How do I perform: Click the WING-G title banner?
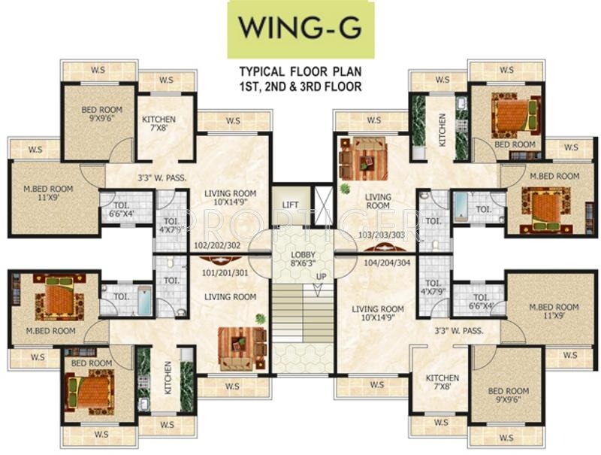pos(301,30)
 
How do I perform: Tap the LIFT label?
pos(290,205)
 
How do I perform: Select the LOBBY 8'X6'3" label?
pos(303,259)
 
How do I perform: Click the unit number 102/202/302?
pos(217,245)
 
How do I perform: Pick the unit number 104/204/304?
pos(387,262)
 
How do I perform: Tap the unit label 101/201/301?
pos(225,273)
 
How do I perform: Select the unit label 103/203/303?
pos(382,235)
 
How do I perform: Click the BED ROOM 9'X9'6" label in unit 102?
pos(101,114)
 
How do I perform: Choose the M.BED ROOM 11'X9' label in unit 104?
pos(554,311)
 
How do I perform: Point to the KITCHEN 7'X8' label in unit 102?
pos(159,123)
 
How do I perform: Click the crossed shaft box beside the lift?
pos(323,205)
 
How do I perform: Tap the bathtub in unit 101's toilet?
pos(145,300)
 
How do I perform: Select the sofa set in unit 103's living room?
pos(363,159)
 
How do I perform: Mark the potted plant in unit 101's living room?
pos(261,318)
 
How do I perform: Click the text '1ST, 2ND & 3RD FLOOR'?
pos(300,86)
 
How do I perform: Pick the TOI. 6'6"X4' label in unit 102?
pos(118,210)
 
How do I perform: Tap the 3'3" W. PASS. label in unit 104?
pos(459,330)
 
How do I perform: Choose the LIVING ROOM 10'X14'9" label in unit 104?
pos(378,313)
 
